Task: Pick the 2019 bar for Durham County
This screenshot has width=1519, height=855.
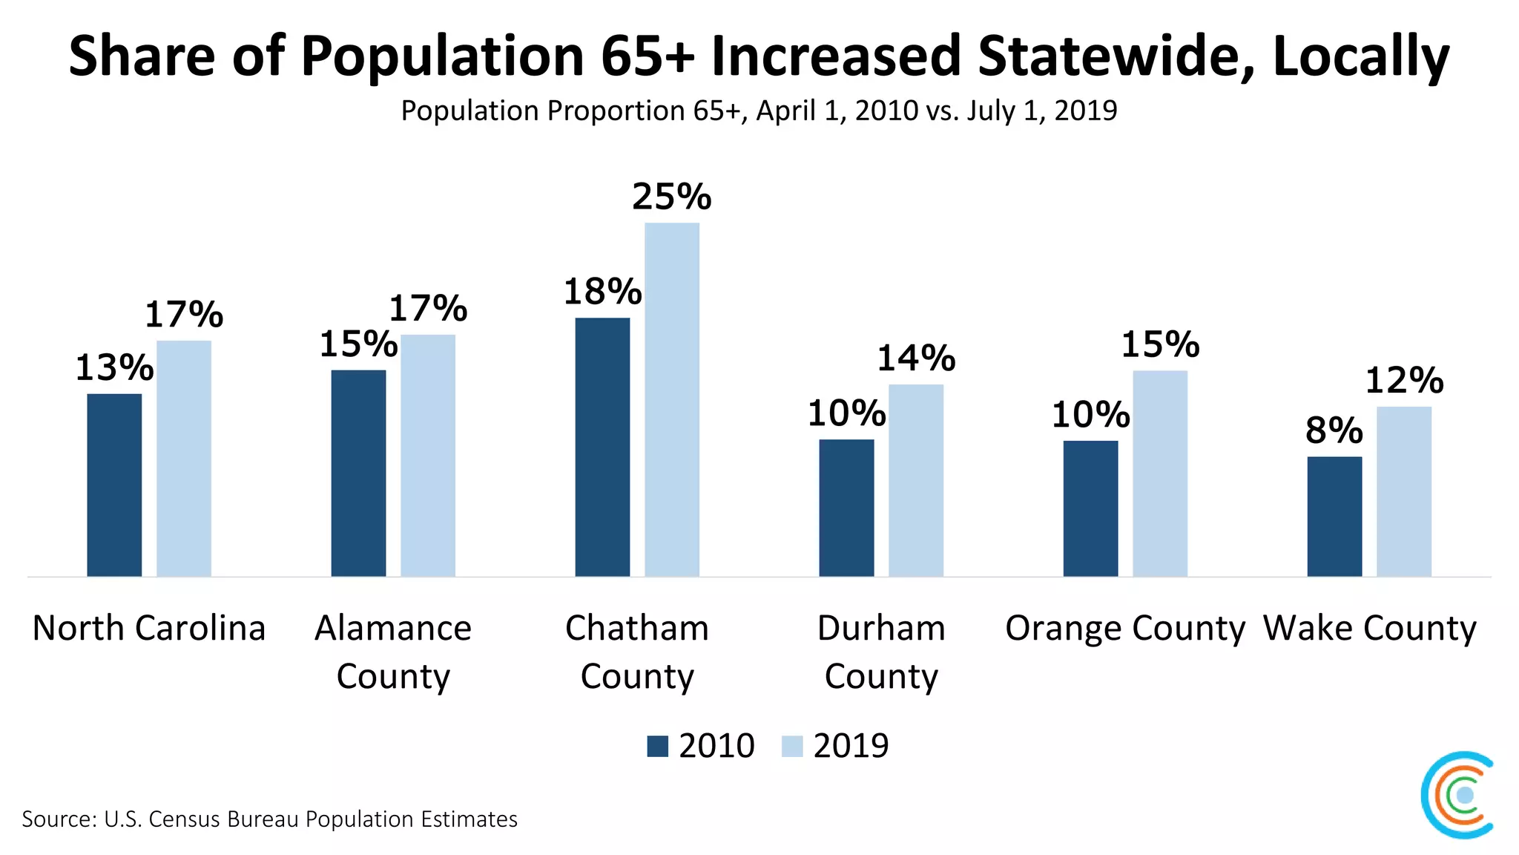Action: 916,480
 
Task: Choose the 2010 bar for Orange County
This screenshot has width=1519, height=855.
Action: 1090,508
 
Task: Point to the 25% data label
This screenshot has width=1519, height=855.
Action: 671,197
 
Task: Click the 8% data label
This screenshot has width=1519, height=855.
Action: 1334,430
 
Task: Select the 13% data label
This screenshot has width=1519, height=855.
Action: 114,367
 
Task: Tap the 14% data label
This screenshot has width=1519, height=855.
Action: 916,358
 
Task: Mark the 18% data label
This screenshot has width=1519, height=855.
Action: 602,292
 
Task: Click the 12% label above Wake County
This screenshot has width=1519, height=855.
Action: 1404,381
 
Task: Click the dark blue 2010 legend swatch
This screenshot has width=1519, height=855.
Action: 657,746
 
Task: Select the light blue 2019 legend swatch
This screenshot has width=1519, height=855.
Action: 792,746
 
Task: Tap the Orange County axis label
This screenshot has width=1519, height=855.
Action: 1125,628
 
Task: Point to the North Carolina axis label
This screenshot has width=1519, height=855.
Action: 149,628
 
